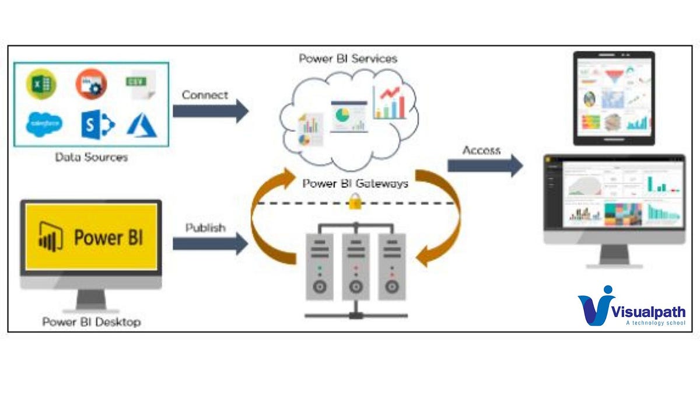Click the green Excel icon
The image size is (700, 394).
pyautogui.click(x=41, y=84)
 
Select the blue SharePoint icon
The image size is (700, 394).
pyautogui.click(x=97, y=125)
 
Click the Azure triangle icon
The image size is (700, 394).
pyautogui.click(x=142, y=125)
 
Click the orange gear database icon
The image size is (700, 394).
pyautogui.click(x=91, y=84)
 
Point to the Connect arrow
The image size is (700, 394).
pyautogui.click(x=211, y=111)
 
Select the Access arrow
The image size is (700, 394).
pyautogui.click(x=485, y=166)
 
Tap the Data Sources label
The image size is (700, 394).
pyautogui.click(x=91, y=157)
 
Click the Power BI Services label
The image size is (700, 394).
pyautogui.click(x=348, y=58)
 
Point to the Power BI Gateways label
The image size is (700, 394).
pyautogui.click(x=355, y=183)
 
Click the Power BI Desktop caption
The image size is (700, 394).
pyautogui.click(x=91, y=322)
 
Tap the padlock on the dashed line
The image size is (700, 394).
pyautogui.click(x=353, y=203)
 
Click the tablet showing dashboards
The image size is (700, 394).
pyautogui.click(x=614, y=98)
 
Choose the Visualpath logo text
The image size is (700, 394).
pyautogui.click(x=647, y=312)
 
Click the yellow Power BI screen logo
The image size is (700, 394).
pyautogui.click(x=91, y=237)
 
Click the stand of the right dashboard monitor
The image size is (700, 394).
pyautogui.click(x=614, y=256)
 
